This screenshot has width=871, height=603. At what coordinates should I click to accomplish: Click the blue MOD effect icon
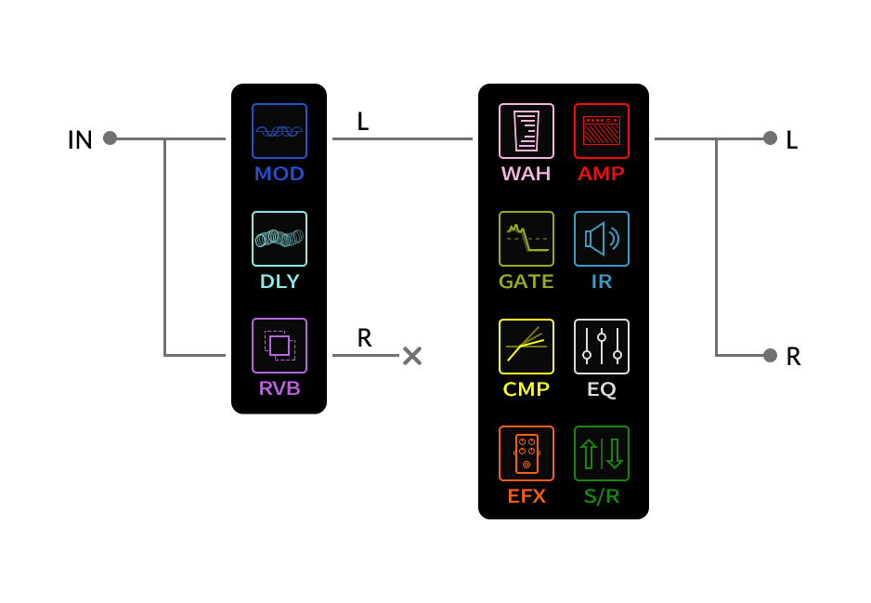tap(279, 131)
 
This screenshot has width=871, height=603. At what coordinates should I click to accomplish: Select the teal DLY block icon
tap(279, 239)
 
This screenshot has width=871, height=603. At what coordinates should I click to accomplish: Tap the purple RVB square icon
tap(279, 346)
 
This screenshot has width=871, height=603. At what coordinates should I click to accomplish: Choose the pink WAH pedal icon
tap(526, 131)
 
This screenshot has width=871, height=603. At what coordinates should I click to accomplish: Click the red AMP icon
tap(602, 131)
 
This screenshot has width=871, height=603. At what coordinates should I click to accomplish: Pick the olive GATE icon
tap(526, 239)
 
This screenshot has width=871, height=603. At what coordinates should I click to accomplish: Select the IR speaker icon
tap(602, 239)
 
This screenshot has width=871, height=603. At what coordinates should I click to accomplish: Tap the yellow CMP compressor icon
tap(526, 347)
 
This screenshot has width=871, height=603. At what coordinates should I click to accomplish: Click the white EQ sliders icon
tap(602, 347)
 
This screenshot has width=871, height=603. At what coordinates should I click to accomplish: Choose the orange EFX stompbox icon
tap(526, 453)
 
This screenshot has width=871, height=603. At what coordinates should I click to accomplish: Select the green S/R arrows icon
tap(602, 453)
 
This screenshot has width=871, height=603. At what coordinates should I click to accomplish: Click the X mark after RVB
tap(412, 356)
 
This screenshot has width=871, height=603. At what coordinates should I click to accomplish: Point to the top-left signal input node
tap(110, 138)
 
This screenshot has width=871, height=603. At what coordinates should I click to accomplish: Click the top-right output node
tap(770, 138)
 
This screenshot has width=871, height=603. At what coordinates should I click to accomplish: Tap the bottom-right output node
tap(770, 355)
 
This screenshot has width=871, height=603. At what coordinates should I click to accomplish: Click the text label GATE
tap(526, 282)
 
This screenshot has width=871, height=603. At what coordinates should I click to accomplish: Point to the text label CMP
tap(526, 389)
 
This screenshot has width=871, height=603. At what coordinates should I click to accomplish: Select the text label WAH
tap(526, 174)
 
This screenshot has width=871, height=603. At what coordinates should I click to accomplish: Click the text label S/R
tap(602, 496)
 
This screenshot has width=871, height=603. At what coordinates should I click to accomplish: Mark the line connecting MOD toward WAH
tap(402, 138)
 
